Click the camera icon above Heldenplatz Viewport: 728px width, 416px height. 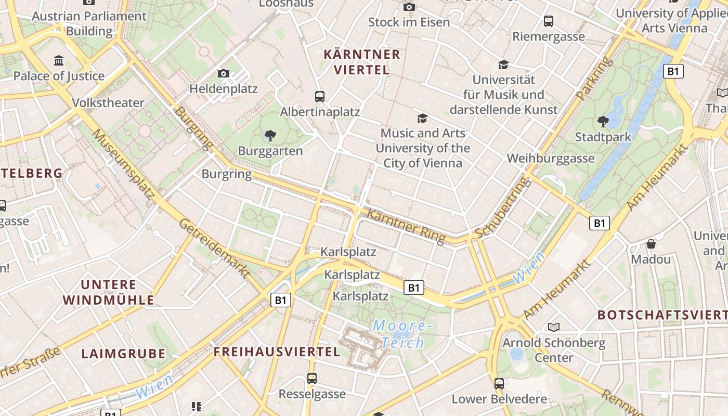(x=224, y=73)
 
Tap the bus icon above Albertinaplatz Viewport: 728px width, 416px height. (x=320, y=96)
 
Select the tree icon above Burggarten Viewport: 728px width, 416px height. (x=270, y=136)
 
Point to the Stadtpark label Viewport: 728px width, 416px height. (x=603, y=137)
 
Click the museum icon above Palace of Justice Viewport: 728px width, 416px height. (x=59, y=60)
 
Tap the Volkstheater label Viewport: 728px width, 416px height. (x=108, y=102)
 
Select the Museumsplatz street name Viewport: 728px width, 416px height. (x=123, y=164)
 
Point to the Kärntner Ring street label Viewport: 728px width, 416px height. (x=406, y=226)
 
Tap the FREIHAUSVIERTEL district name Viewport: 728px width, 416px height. (x=277, y=352)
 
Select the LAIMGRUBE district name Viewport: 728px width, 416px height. (x=123, y=354)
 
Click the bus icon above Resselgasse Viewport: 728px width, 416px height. (x=312, y=379)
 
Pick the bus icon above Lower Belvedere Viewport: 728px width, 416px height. (x=499, y=384)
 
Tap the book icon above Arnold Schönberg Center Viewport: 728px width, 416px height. (x=554, y=327)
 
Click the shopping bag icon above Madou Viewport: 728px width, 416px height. (x=651, y=243)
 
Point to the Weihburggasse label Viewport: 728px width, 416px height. (x=550, y=158)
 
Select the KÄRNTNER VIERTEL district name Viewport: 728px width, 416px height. (x=362, y=62)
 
